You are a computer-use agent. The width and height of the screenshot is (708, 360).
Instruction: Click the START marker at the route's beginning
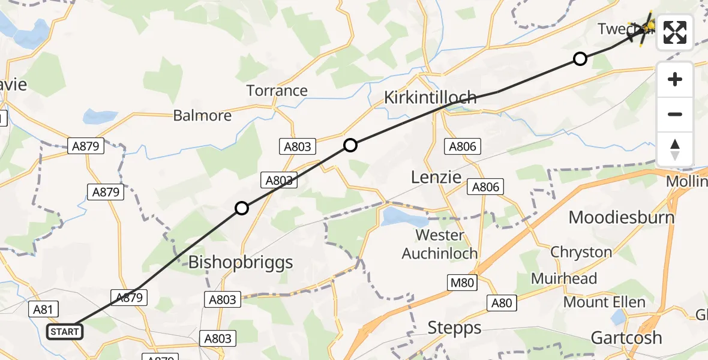(64, 331)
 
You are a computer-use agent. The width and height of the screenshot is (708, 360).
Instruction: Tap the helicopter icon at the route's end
(647, 26)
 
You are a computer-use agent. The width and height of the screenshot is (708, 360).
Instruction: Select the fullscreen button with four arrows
(675, 32)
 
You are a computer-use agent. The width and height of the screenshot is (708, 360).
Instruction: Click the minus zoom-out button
(675, 114)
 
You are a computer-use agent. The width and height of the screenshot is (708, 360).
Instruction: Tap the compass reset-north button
(675, 149)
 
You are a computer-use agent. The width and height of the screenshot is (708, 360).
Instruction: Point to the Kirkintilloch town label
(430, 97)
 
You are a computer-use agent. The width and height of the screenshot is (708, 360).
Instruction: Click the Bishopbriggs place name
(241, 262)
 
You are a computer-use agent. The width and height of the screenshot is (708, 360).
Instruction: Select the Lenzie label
(436, 177)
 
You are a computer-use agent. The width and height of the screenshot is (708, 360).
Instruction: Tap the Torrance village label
(277, 91)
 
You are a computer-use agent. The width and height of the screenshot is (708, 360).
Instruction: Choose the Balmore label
(202, 115)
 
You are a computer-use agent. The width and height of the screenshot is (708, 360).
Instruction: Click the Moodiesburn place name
(621, 217)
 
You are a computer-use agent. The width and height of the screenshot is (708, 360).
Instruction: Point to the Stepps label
(454, 328)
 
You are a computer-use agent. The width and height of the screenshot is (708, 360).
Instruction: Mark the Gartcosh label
(626, 337)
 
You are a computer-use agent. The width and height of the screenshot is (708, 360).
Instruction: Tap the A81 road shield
(43, 309)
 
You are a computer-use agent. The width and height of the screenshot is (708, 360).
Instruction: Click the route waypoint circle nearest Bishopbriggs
(241, 208)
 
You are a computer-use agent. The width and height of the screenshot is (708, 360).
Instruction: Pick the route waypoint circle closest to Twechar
(580, 59)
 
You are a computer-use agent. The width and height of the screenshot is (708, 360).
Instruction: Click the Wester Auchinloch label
(440, 244)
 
